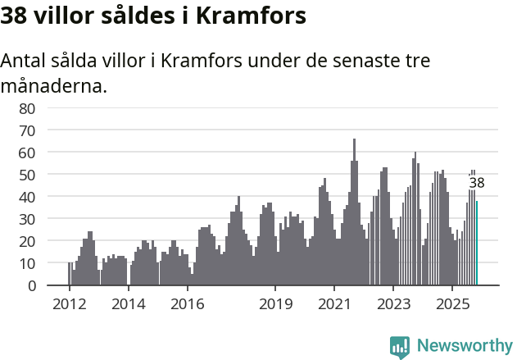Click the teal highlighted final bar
pyautogui.click(x=477, y=244)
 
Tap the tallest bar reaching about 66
pyautogui.click(x=354, y=213)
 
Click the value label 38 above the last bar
pyautogui.click(x=477, y=184)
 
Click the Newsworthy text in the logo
pyautogui.click(x=464, y=346)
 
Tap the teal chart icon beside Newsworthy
pyautogui.click(x=400, y=347)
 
